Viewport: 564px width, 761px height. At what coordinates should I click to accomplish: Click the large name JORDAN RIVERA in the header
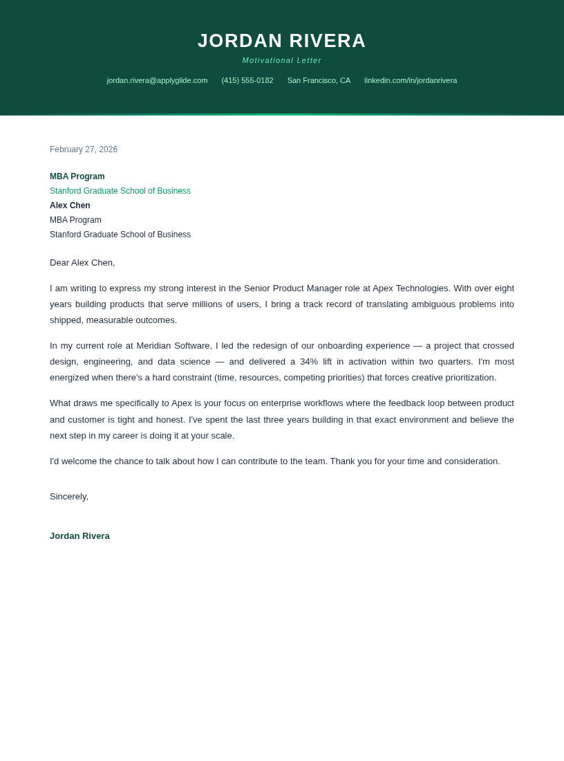pos(281,41)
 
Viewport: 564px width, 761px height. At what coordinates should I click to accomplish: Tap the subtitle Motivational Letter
pos(281,60)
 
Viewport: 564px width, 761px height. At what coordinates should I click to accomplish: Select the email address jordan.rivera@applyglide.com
pos(157,80)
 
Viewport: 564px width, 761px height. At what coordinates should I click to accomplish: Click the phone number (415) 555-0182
pos(247,80)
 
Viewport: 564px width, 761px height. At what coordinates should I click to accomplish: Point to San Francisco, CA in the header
pos(319,80)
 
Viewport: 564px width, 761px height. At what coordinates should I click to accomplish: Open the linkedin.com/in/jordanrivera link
pos(411,80)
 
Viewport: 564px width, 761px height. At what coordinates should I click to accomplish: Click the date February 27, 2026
pos(84,149)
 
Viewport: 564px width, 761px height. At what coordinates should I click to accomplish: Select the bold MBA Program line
pos(77,176)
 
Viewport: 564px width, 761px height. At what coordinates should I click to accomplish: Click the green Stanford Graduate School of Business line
pos(120,191)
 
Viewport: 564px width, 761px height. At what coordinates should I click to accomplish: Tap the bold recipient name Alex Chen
pos(70,205)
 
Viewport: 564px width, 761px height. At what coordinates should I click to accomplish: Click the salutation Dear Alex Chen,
pos(82,263)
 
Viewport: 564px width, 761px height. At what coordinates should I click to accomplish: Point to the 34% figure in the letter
pos(308,361)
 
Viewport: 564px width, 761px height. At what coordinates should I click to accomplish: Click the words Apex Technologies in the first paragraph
pos(411,288)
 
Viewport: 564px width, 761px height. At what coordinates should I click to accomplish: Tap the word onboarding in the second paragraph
pos(340,346)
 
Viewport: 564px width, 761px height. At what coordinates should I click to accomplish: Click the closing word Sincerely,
pos(69,497)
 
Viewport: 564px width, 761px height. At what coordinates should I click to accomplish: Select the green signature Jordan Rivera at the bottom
pos(79,536)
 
